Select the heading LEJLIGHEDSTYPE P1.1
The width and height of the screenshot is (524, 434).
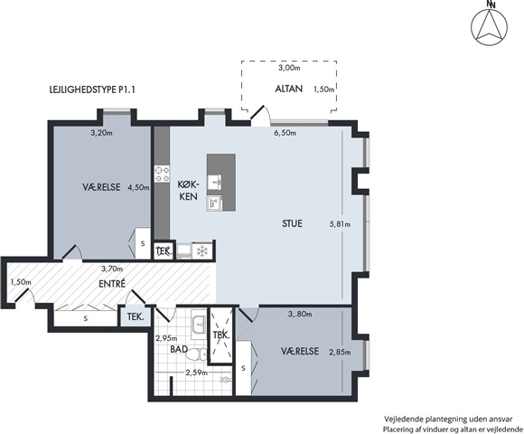[92, 90]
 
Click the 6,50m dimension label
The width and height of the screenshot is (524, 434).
[285, 133]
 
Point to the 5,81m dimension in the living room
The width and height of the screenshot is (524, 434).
[340, 224]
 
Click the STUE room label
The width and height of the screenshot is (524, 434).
[292, 223]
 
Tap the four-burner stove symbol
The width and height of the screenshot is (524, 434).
[162, 174]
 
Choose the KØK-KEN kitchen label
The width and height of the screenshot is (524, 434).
[189, 190]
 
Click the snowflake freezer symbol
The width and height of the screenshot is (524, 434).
[201, 251]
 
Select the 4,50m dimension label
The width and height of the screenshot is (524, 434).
[139, 187]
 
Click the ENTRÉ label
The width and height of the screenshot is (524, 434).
[112, 284]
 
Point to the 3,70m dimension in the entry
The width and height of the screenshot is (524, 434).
[112, 269]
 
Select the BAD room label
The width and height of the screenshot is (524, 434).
[179, 350]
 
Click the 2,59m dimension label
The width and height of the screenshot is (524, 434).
[197, 373]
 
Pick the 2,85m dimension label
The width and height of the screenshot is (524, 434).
[340, 352]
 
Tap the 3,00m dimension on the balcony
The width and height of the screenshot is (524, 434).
[289, 68]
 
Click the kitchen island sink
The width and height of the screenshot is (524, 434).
[214, 183]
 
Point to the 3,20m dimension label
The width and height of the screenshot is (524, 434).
[101, 133]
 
